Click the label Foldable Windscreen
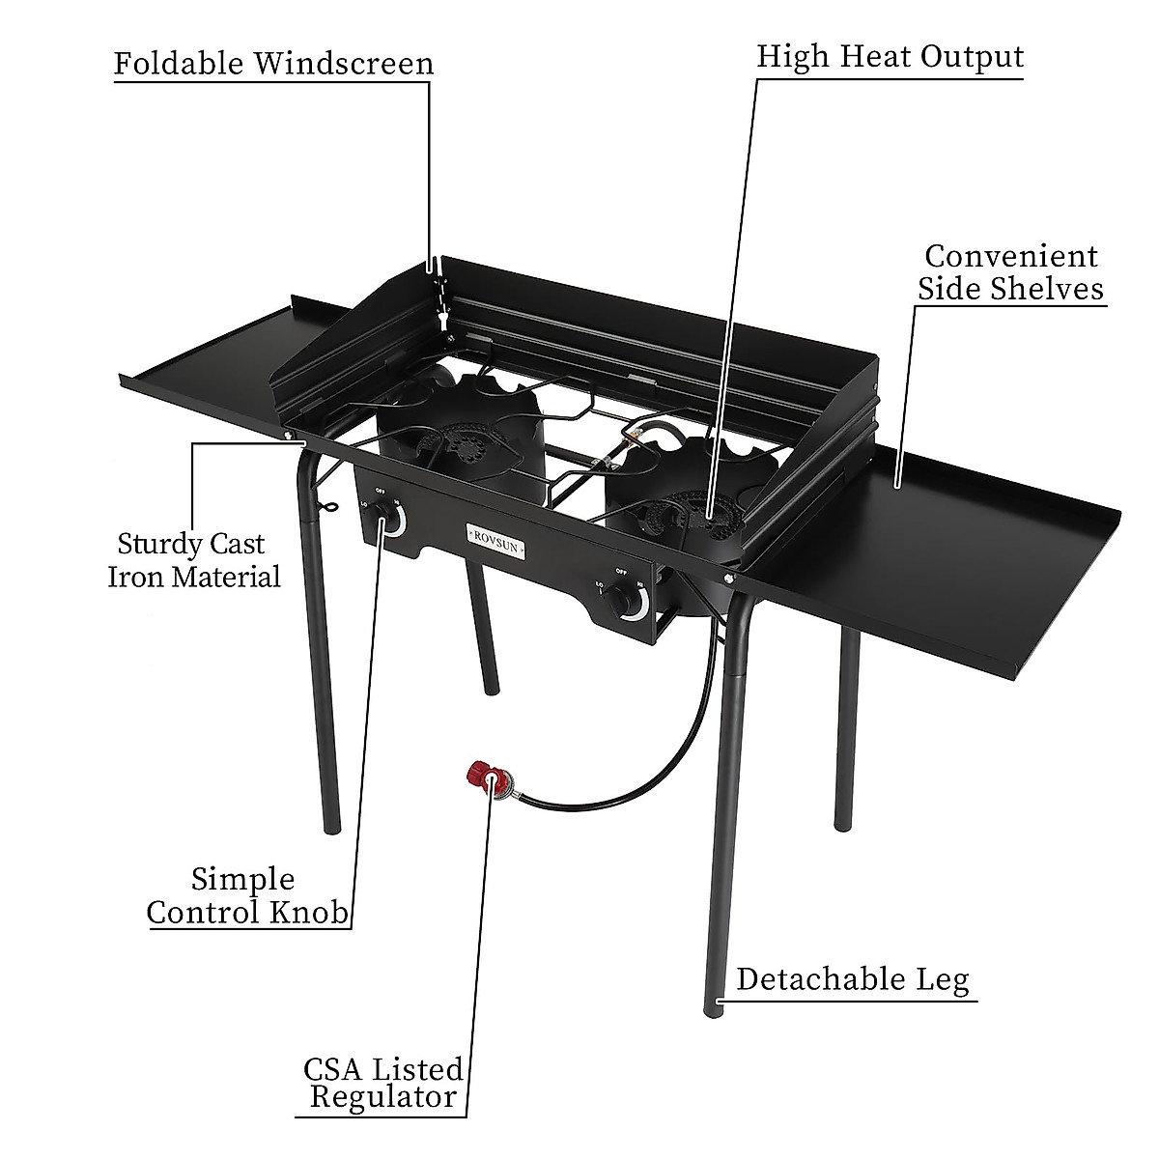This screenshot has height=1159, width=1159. tap(273, 64)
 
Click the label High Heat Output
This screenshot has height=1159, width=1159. tap(889, 56)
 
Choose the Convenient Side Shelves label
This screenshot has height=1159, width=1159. tap(1010, 272)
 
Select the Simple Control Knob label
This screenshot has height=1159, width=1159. tap(247, 896)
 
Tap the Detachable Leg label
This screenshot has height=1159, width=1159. tap(852, 979)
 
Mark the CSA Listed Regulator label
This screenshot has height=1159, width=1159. tap(383, 1083)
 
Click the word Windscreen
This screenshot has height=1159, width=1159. tap(344, 64)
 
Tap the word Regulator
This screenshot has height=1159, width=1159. tap(383, 1097)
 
